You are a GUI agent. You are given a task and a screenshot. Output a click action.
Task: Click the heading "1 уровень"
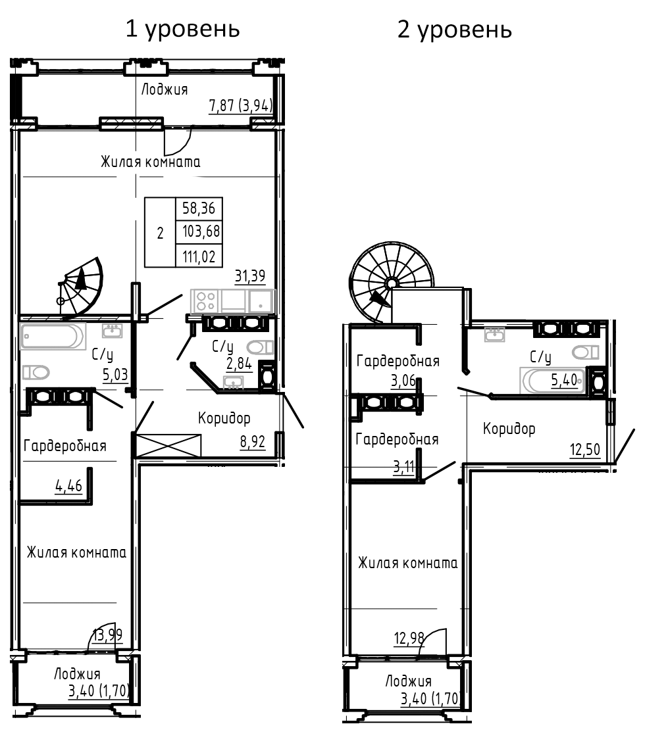pos(182,30)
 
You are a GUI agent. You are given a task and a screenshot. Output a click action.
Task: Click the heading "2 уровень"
pos(455,30)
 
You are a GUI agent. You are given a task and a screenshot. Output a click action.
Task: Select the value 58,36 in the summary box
pos(199,210)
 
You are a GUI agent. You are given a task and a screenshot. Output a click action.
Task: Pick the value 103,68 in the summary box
pos(199,232)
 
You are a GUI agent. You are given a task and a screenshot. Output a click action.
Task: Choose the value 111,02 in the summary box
pos(199,255)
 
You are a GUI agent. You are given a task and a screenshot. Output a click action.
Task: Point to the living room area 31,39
pos(250,276)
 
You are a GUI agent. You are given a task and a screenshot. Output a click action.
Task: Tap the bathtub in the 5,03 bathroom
pos(53,336)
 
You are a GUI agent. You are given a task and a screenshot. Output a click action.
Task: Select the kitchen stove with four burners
pos(205,301)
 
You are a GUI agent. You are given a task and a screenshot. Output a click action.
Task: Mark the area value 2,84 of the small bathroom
pos(239,365)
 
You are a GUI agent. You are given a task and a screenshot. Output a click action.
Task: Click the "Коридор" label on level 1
pos(224,418)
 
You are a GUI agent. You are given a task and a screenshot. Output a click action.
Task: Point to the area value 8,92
pos(253,441)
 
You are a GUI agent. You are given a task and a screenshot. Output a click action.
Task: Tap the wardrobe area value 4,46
pos(68,487)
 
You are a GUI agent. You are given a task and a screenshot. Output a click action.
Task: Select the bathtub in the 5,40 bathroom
pos(550,379)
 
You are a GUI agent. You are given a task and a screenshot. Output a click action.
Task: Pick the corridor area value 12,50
pos(585,451)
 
